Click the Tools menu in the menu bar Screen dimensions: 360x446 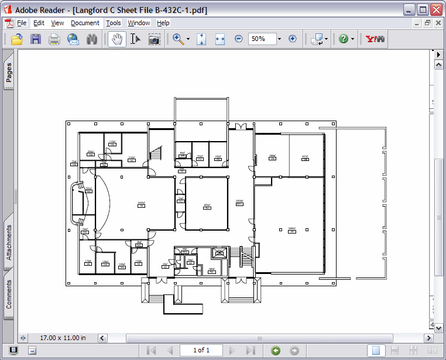[114, 23]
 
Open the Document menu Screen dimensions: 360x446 [85, 23]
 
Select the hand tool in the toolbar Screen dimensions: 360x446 [117, 39]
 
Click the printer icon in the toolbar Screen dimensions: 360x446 [54, 39]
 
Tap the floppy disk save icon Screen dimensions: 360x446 [36, 39]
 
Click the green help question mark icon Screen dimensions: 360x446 [343, 39]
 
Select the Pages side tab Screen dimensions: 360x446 [9, 73]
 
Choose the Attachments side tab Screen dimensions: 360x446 [9, 241]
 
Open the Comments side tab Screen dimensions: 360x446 [9, 294]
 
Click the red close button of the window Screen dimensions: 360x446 [436, 9]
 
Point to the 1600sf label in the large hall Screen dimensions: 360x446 [141, 204]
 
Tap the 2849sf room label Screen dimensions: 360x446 [291, 229]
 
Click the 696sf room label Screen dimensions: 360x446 [207, 205]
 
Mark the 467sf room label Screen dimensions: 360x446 [304, 157]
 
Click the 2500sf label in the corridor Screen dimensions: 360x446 [239, 201]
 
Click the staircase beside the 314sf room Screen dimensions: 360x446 [156, 153]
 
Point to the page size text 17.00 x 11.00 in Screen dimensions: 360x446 [63, 338]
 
